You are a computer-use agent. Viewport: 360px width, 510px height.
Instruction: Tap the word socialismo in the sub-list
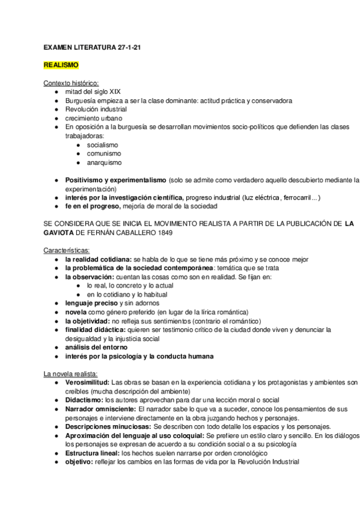[103, 145]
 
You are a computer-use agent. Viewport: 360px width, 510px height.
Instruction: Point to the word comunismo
[103, 154]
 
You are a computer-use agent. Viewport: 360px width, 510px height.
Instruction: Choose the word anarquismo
[104, 162]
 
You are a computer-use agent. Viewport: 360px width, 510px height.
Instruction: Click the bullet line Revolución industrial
[96, 109]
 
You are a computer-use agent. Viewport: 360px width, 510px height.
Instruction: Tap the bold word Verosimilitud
[87, 382]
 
